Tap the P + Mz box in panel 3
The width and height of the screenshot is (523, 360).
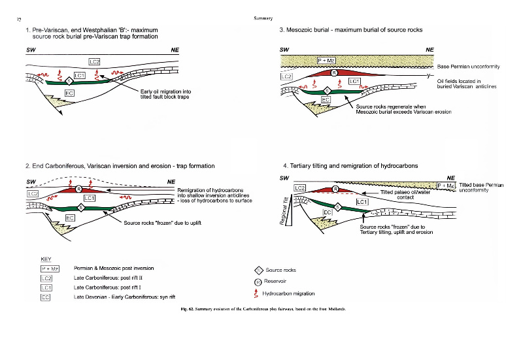[326, 61]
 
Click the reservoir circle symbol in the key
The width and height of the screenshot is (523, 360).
[258, 282]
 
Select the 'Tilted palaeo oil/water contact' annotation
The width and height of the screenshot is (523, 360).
[404, 195]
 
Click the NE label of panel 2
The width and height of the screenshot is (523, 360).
[171, 181]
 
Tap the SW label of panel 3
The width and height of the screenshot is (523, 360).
[284, 50]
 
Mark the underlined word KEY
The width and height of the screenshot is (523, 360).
[46, 259]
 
